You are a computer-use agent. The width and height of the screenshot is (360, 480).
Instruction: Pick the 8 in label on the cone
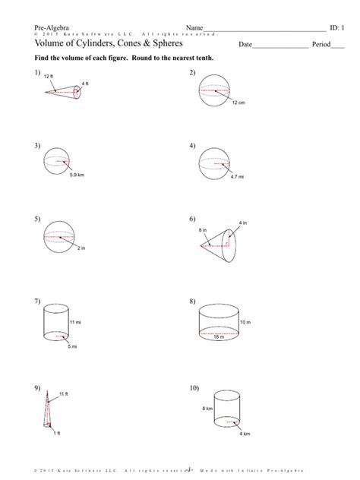(x=203, y=230)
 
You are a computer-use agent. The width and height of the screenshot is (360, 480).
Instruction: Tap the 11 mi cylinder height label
(x=75, y=323)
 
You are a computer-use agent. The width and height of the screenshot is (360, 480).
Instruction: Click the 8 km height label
(x=207, y=409)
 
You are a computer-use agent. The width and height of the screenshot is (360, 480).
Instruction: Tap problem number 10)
(x=195, y=388)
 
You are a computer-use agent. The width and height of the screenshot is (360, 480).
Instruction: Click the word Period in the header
(x=321, y=45)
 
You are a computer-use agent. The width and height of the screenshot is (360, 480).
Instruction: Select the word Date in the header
(x=245, y=45)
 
